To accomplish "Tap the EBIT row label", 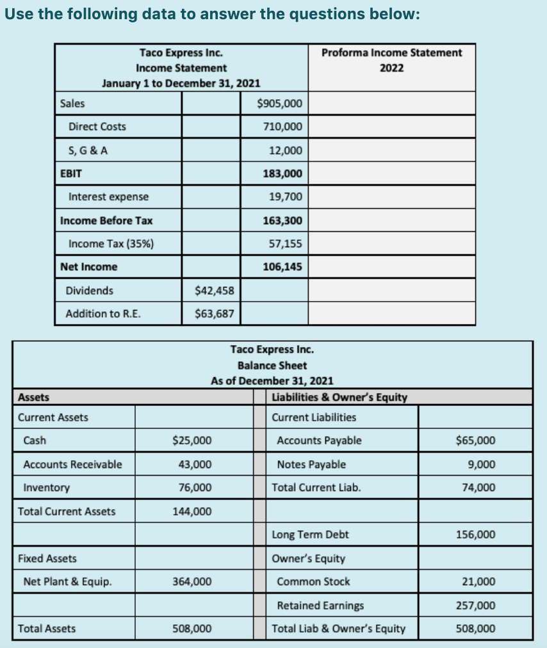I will (x=70, y=174).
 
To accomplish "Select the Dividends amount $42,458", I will (x=214, y=291).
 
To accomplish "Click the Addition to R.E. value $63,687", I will (x=214, y=314).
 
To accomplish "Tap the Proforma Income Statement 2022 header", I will (x=391, y=60).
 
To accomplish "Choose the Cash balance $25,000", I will (x=192, y=441).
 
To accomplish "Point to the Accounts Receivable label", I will (x=72, y=464).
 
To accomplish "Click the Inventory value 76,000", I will (x=195, y=487).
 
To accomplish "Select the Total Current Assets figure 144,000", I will (x=192, y=511).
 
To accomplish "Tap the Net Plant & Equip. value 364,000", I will (x=192, y=581).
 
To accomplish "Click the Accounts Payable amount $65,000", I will (x=475, y=441).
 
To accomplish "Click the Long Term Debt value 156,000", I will (x=475, y=535).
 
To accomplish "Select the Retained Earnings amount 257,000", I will (x=475, y=605).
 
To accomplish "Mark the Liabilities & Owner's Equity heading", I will (x=339, y=397).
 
